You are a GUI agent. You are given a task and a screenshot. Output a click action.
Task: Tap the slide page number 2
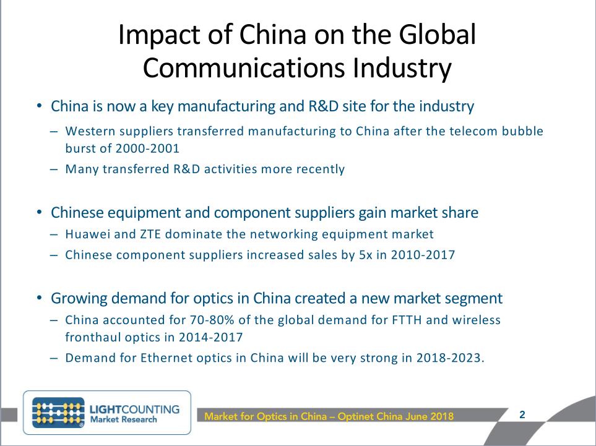[x=522, y=414]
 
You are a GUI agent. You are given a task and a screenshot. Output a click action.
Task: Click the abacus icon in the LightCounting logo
[x=58, y=413]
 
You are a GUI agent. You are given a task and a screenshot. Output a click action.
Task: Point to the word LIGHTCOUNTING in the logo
[x=134, y=409]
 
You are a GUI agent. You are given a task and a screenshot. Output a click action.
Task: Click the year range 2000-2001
[x=147, y=148]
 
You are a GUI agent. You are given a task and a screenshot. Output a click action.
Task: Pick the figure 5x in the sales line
[x=366, y=254]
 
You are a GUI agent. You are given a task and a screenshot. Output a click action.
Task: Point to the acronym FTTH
[x=407, y=320]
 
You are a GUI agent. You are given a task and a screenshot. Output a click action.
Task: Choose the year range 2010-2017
[x=423, y=254]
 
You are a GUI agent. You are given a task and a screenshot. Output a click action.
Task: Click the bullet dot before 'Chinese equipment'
[x=39, y=212]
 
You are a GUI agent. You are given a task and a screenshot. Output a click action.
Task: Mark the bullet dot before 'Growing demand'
[x=39, y=298]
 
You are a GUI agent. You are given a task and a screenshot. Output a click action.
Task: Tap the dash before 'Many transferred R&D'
[x=54, y=169]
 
